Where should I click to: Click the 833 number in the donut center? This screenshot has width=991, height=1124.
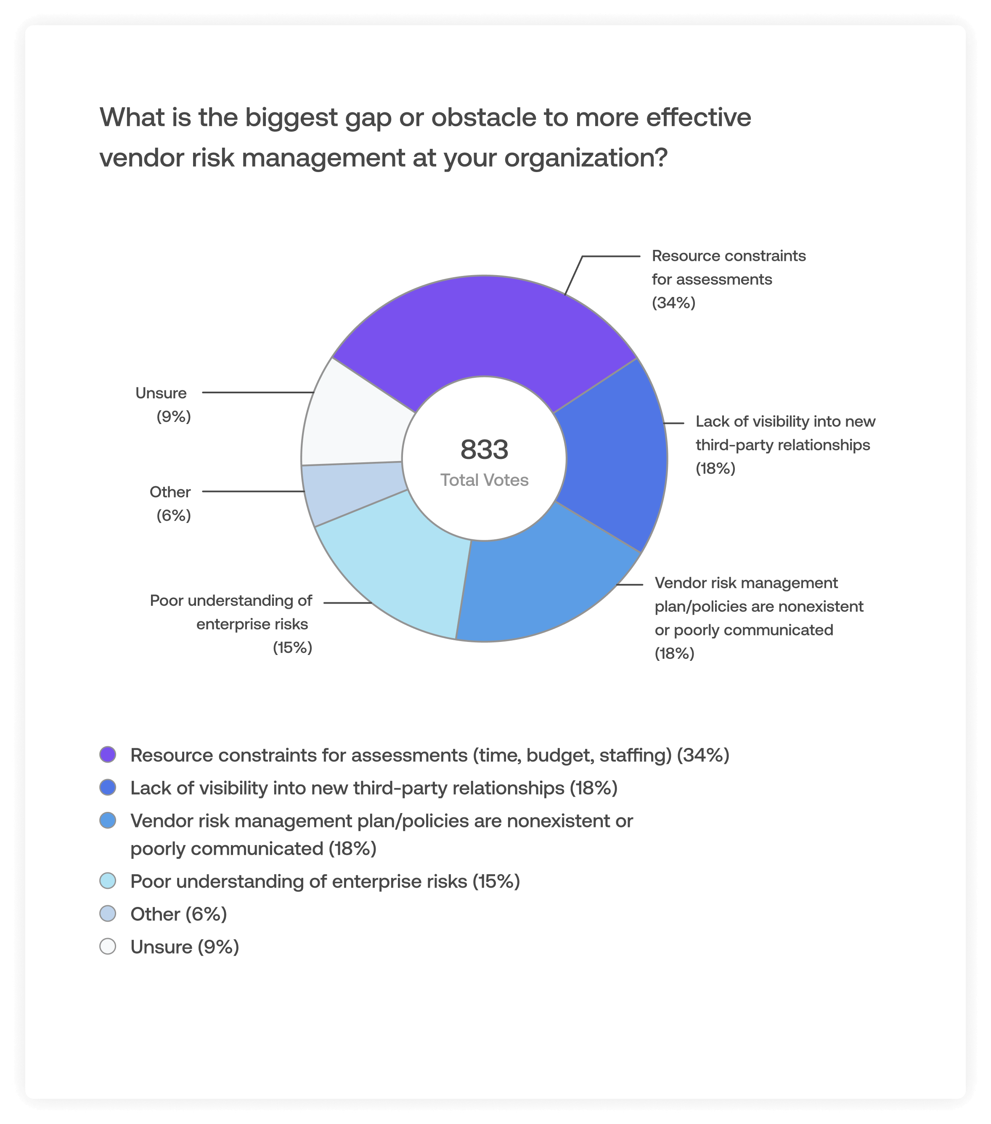(484, 450)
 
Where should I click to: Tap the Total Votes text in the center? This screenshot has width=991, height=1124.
(484, 480)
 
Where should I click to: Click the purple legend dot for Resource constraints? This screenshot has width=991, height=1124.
(108, 755)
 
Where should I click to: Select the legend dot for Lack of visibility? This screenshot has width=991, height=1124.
(108, 788)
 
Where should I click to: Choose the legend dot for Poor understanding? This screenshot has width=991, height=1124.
(108, 881)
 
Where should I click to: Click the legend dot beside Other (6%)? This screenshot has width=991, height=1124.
(108, 914)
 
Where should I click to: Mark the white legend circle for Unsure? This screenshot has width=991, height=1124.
(108, 947)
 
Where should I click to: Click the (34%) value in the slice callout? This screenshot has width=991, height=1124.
(674, 303)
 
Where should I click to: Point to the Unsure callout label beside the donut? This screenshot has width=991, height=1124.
(161, 393)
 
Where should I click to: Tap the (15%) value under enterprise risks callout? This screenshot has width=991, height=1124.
(293, 648)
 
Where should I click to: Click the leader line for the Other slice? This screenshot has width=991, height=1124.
(253, 492)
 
